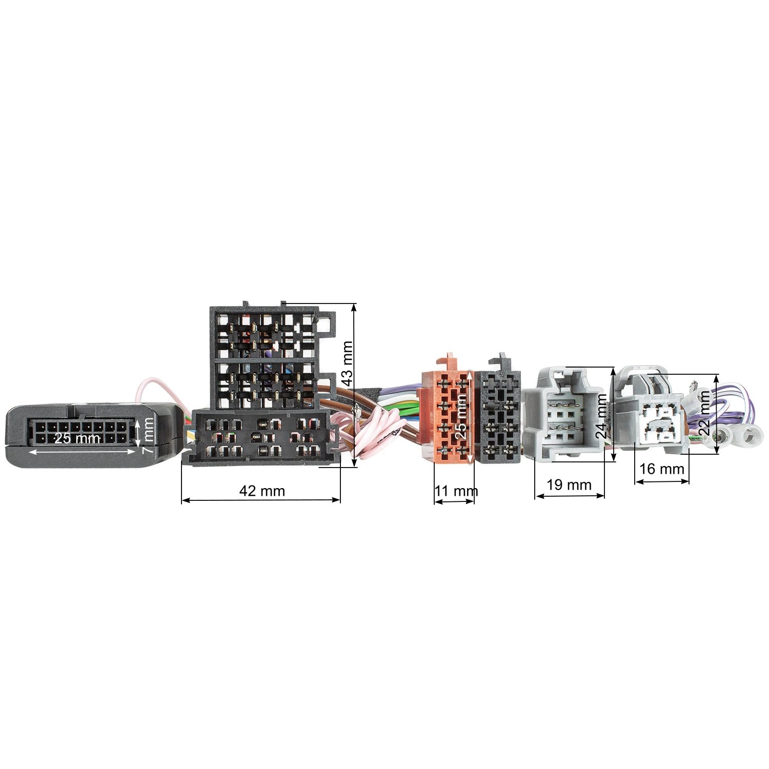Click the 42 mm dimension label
point(262,491)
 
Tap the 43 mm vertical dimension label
point(348,363)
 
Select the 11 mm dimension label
point(456,491)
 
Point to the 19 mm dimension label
point(570,484)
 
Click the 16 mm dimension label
point(662,469)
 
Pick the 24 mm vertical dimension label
point(602,415)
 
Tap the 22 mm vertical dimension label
point(705,413)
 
